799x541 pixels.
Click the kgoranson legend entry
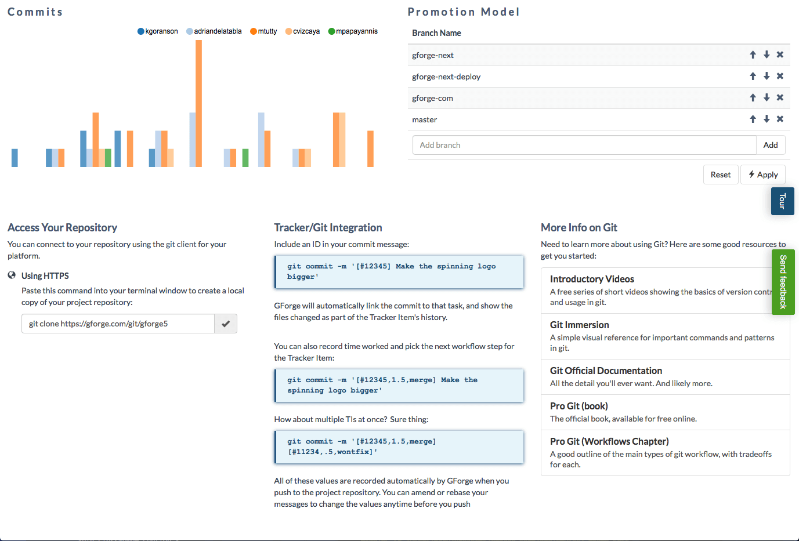[x=157, y=31]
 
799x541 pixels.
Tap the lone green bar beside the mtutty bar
[x=245, y=158]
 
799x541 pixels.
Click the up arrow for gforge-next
[x=753, y=55]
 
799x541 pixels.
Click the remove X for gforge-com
[x=780, y=97]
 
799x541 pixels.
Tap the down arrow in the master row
[x=767, y=119]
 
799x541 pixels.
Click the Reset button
[x=721, y=175]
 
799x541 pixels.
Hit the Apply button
[x=763, y=175]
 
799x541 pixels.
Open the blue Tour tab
[x=782, y=201]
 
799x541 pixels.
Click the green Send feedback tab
[x=783, y=282]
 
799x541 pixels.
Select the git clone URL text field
[x=118, y=324]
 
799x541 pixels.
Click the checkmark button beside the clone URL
[x=226, y=324]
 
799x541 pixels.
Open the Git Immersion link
[x=579, y=325]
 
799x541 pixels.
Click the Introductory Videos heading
[x=592, y=279]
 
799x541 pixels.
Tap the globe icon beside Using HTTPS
[x=12, y=275]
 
